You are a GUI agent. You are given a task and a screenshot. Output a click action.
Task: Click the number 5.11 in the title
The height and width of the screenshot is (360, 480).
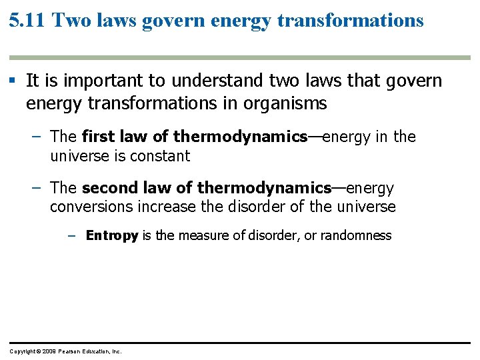pyautogui.click(x=27, y=21)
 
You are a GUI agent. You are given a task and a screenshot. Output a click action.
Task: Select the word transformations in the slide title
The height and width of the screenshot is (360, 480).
pyautogui.click(x=350, y=21)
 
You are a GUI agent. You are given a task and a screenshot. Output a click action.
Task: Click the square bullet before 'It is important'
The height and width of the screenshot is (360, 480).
pyautogui.click(x=13, y=81)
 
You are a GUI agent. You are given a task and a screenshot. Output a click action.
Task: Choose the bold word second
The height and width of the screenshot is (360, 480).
pyautogui.click(x=107, y=188)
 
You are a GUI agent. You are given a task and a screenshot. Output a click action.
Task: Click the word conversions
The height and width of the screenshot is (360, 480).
pyautogui.click(x=91, y=207)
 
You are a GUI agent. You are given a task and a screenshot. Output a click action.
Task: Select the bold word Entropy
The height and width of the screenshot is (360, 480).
pyautogui.click(x=112, y=235)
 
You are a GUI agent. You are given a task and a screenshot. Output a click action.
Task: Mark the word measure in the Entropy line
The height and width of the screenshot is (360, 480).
pyautogui.click(x=200, y=235)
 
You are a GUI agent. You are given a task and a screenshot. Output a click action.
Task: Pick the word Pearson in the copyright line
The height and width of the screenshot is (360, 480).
pyautogui.click(x=69, y=351)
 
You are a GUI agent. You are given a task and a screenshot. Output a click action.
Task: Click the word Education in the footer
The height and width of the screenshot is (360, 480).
pyautogui.click(x=97, y=351)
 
